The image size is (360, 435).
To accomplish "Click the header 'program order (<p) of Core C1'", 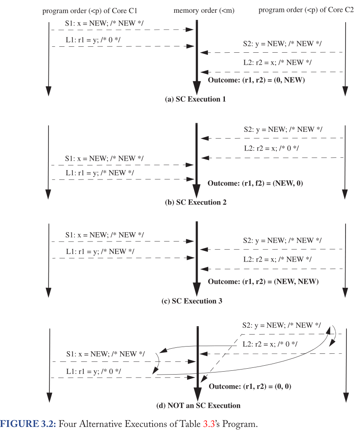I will (x=90, y=11).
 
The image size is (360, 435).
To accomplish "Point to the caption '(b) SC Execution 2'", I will (x=196, y=202).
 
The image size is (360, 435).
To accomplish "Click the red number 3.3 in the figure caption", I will (x=208, y=424).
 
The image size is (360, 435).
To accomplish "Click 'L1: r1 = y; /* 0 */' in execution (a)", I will (x=93, y=40).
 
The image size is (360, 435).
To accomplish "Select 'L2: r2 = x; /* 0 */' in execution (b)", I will (x=271, y=148).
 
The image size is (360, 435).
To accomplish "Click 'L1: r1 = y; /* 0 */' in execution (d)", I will (x=93, y=371).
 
